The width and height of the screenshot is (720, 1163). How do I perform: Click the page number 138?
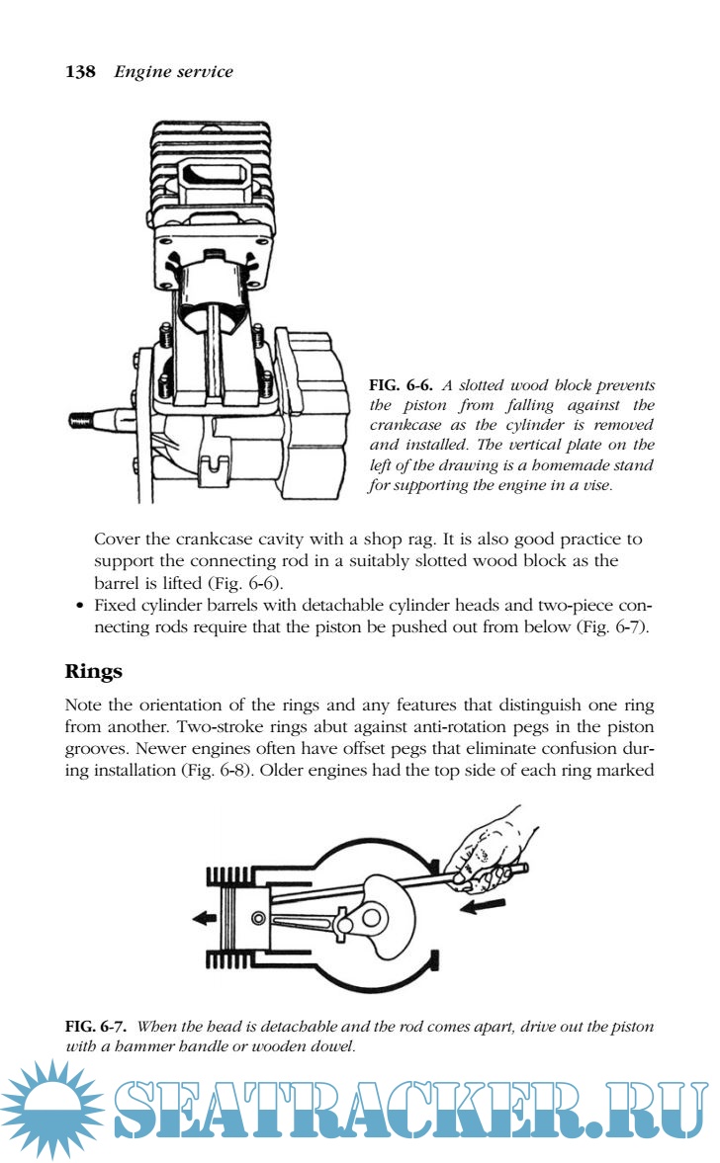click(x=79, y=71)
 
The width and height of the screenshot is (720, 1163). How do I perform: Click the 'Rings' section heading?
click(x=93, y=671)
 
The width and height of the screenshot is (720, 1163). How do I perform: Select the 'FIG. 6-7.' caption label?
click(x=96, y=1027)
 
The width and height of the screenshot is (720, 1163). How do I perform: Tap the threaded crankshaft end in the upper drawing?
click(x=88, y=420)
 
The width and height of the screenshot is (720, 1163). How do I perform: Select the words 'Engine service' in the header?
click(x=173, y=71)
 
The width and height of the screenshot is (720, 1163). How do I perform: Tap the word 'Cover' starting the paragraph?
click(x=117, y=540)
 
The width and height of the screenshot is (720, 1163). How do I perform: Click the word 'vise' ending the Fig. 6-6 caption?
click(x=596, y=484)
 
